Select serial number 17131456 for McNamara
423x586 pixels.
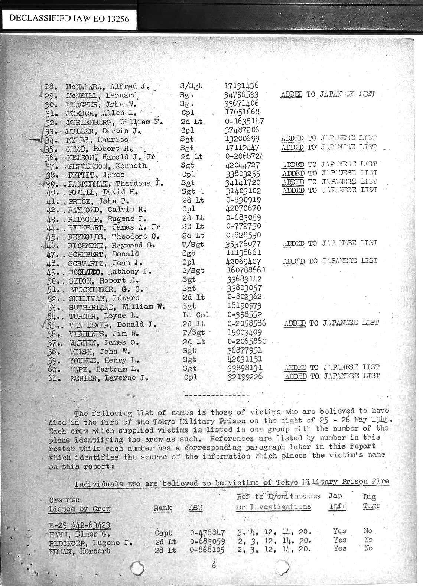point(241,86)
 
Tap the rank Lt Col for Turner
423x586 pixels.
point(196,315)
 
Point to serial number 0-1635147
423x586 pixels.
point(245,121)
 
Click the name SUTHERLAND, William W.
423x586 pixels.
point(117,307)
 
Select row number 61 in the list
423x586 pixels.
point(55,378)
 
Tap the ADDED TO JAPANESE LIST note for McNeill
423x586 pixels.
point(328,94)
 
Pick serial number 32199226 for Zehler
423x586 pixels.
point(244,377)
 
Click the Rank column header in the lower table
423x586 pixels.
point(162,508)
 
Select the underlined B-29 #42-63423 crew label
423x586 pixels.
point(80,525)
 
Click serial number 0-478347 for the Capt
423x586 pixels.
point(207,532)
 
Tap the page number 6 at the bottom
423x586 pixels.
point(213,566)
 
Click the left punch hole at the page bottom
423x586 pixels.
point(138,568)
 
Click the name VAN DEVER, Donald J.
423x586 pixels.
point(113,324)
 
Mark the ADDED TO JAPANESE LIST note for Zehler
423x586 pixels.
point(332,376)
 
